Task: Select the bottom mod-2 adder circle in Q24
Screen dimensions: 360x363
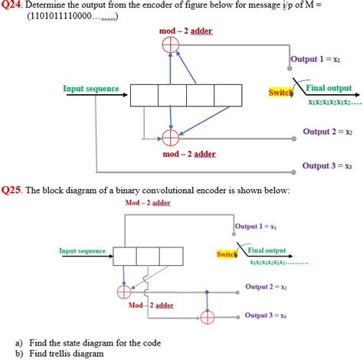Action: pyautogui.click(x=171, y=137)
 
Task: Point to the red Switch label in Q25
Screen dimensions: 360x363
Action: pyautogui.click(x=227, y=254)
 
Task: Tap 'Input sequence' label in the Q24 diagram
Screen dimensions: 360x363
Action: pyautogui.click(x=91, y=89)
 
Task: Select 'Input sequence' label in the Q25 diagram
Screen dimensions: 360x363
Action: pyautogui.click(x=83, y=250)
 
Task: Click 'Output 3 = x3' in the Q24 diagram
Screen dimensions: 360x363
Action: pyautogui.click(x=327, y=165)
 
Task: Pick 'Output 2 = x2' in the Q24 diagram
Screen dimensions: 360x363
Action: pyautogui.click(x=327, y=132)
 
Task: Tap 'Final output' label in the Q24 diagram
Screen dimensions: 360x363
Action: pyautogui.click(x=329, y=89)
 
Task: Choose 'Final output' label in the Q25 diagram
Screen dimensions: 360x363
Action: pyautogui.click(x=267, y=250)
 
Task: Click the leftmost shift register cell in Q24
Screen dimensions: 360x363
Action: pyautogui.click(x=145, y=95)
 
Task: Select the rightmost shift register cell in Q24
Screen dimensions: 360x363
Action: pyautogui.click(x=228, y=95)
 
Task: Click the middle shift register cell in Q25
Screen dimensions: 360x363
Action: pyautogui.click(x=148, y=256)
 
